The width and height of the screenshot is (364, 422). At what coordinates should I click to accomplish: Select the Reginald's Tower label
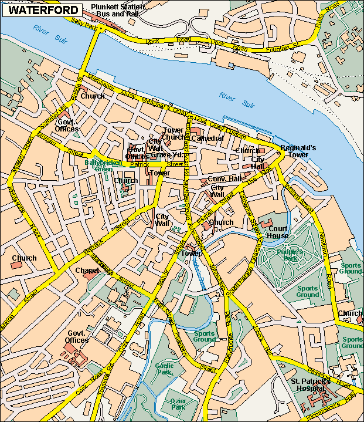point(298,151)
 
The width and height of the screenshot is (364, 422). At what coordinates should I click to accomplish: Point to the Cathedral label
point(207,138)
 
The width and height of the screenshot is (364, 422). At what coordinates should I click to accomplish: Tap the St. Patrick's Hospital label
point(311,385)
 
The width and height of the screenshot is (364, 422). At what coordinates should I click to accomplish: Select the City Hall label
point(258,163)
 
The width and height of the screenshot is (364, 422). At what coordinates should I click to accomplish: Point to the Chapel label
point(87,270)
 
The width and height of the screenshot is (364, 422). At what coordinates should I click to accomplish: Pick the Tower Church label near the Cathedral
point(173,133)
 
